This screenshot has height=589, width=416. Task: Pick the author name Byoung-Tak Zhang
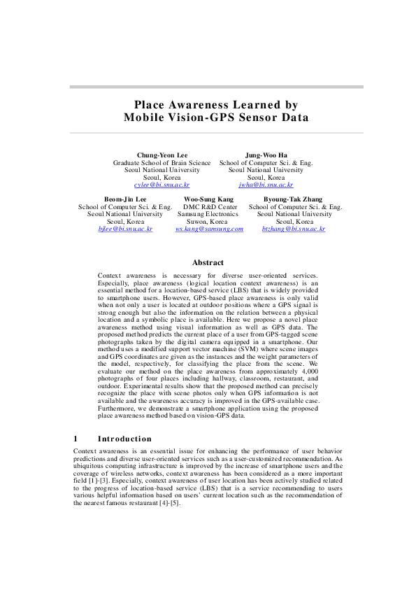tap(294, 199)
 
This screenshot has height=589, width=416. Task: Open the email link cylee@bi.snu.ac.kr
tap(162, 185)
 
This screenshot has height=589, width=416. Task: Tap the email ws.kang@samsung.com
tap(208, 229)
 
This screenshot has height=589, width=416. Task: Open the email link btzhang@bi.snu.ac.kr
tap(294, 229)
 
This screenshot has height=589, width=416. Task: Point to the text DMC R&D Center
tap(210, 207)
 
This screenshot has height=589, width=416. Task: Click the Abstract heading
tap(208, 263)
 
